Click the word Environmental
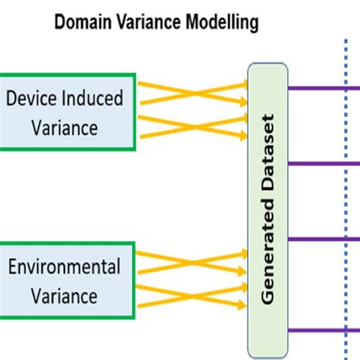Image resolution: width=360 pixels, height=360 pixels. pyautogui.click(x=65, y=267)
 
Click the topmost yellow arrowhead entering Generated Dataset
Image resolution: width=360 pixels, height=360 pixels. pyautogui.click(x=243, y=85)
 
